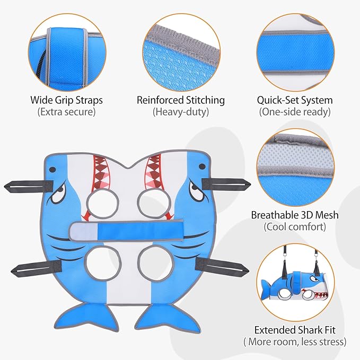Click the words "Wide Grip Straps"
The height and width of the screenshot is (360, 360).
[x=66, y=100]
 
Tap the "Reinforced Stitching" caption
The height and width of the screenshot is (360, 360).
[x=181, y=100]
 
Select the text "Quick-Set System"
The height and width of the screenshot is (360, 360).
[x=295, y=100]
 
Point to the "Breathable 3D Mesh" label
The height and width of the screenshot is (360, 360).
[x=295, y=215]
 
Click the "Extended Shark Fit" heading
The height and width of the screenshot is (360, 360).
[x=295, y=330]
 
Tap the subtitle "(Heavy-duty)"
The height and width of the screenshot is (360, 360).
[x=181, y=112]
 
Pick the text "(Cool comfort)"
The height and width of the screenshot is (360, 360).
[x=295, y=227]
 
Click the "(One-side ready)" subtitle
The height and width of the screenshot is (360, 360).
[x=295, y=112]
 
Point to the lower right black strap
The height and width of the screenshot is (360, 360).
[x=222, y=267]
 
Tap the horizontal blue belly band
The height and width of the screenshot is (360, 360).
[x=126, y=230]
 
